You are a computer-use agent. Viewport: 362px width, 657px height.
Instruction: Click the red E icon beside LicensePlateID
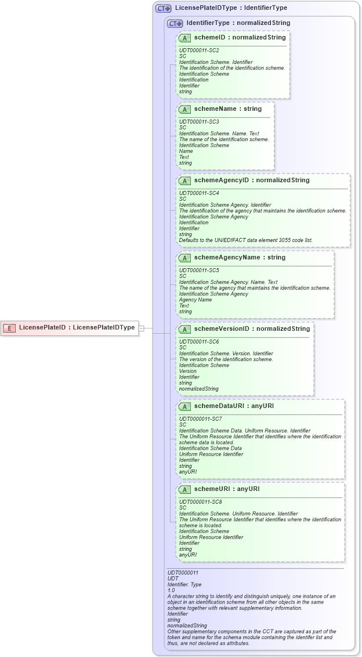pyautogui.click(x=9, y=327)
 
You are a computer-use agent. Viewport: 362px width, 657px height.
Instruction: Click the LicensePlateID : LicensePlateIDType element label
pyautogui.click(x=77, y=327)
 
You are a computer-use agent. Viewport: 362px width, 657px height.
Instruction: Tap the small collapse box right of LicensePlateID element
pyautogui.click(x=141, y=328)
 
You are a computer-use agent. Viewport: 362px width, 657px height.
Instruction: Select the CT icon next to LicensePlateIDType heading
pyautogui.click(x=163, y=9)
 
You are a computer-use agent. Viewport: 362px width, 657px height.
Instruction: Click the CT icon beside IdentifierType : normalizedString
pyautogui.click(x=175, y=23)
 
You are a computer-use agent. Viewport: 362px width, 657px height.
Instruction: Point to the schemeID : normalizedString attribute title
pyautogui.click(x=240, y=38)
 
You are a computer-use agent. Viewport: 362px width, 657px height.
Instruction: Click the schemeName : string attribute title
pyautogui.click(x=227, y=109)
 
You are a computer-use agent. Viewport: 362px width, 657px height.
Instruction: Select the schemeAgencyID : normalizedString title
pyautogui.click(x=251, y=181)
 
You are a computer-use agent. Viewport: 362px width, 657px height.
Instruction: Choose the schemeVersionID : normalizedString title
pyautogui.click(x=252, y=329)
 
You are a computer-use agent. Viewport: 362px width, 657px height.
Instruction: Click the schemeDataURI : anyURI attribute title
pyautogui.click(x=234, y=406)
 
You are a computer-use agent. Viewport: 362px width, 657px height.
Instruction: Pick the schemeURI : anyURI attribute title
pyautogui.click(x=226, y=489)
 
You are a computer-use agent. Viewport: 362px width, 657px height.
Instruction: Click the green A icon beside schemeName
pyautogui.click(x=184, y=109)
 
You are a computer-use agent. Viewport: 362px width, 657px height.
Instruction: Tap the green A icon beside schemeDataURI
pyautogui.click(x=184, y=406)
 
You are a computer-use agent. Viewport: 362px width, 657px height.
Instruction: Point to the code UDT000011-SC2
pyautogui.click(x=199, y=50)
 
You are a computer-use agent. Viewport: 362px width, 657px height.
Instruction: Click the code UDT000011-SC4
pyautogui.click(x=199, y=193)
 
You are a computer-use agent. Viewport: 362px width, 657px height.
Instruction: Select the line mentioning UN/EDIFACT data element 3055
pyautogui.click(x=246, y=240)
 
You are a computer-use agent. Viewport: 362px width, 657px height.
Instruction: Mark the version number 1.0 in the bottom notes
pyautogui.click(x=171, y=590)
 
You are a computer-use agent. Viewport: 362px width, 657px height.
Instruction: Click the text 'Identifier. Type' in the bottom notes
pyautogui.click(x=184, y=584)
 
